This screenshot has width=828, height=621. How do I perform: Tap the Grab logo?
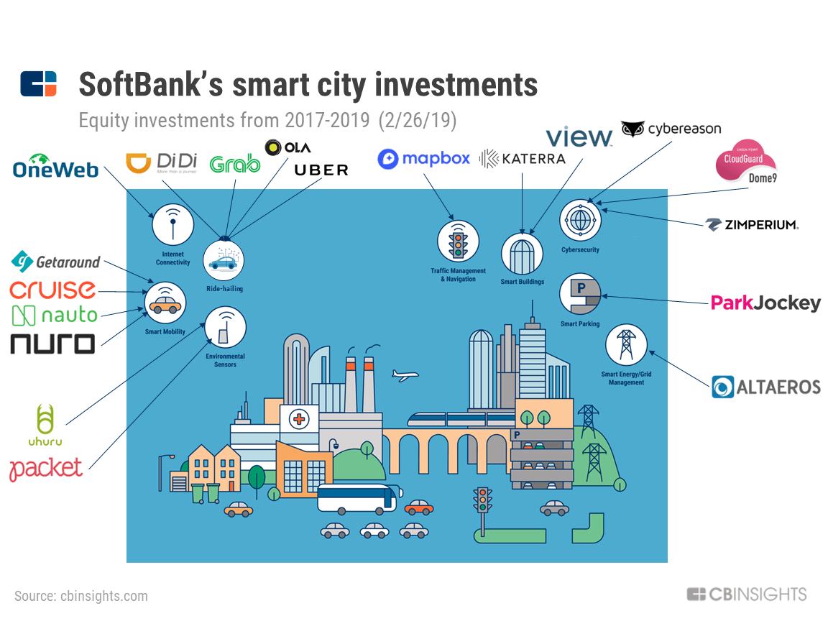tap(234, 164)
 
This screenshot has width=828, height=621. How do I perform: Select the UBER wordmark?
tap(321, 170)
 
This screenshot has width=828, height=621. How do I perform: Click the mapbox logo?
tap(424, 159)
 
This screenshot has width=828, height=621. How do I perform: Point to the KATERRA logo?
tap(523, 159)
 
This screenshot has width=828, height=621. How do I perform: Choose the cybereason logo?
tap(671, 129)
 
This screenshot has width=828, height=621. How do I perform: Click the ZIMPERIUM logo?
tap(752, 225)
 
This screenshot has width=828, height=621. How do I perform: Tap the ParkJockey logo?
tap(765, 303)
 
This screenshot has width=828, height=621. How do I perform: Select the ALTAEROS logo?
tap(766, 387)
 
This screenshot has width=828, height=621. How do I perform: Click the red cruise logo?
tap(52, 290)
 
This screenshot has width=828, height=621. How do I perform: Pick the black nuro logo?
tap(52, 344)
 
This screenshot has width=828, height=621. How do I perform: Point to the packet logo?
tap(46, 469)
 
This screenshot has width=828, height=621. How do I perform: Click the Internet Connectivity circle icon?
tap(172, 224)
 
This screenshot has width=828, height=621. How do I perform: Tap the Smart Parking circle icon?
tap(579, 293)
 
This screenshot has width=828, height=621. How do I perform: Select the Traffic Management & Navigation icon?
tap(458, 241)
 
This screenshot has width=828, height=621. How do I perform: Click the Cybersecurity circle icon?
tap(579, 221)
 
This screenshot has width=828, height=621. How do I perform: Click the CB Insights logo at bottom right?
tap(747, 594)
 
